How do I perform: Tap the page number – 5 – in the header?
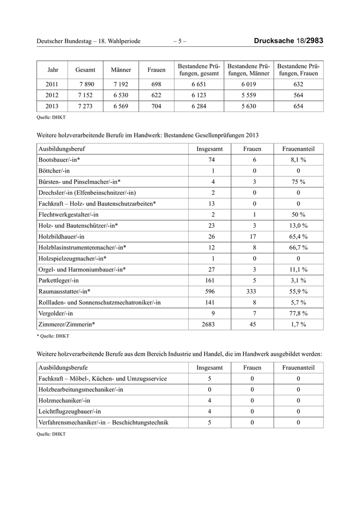[180, 41]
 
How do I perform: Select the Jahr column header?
[53, 70]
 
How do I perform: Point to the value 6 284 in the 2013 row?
[199, 106]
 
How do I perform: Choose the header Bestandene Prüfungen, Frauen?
[299, 70]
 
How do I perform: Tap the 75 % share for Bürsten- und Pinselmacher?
[299, 182]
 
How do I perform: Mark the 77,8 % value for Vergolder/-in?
[299, 313]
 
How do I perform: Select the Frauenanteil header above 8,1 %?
[299, 149]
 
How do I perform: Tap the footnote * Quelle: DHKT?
[53, 336]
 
